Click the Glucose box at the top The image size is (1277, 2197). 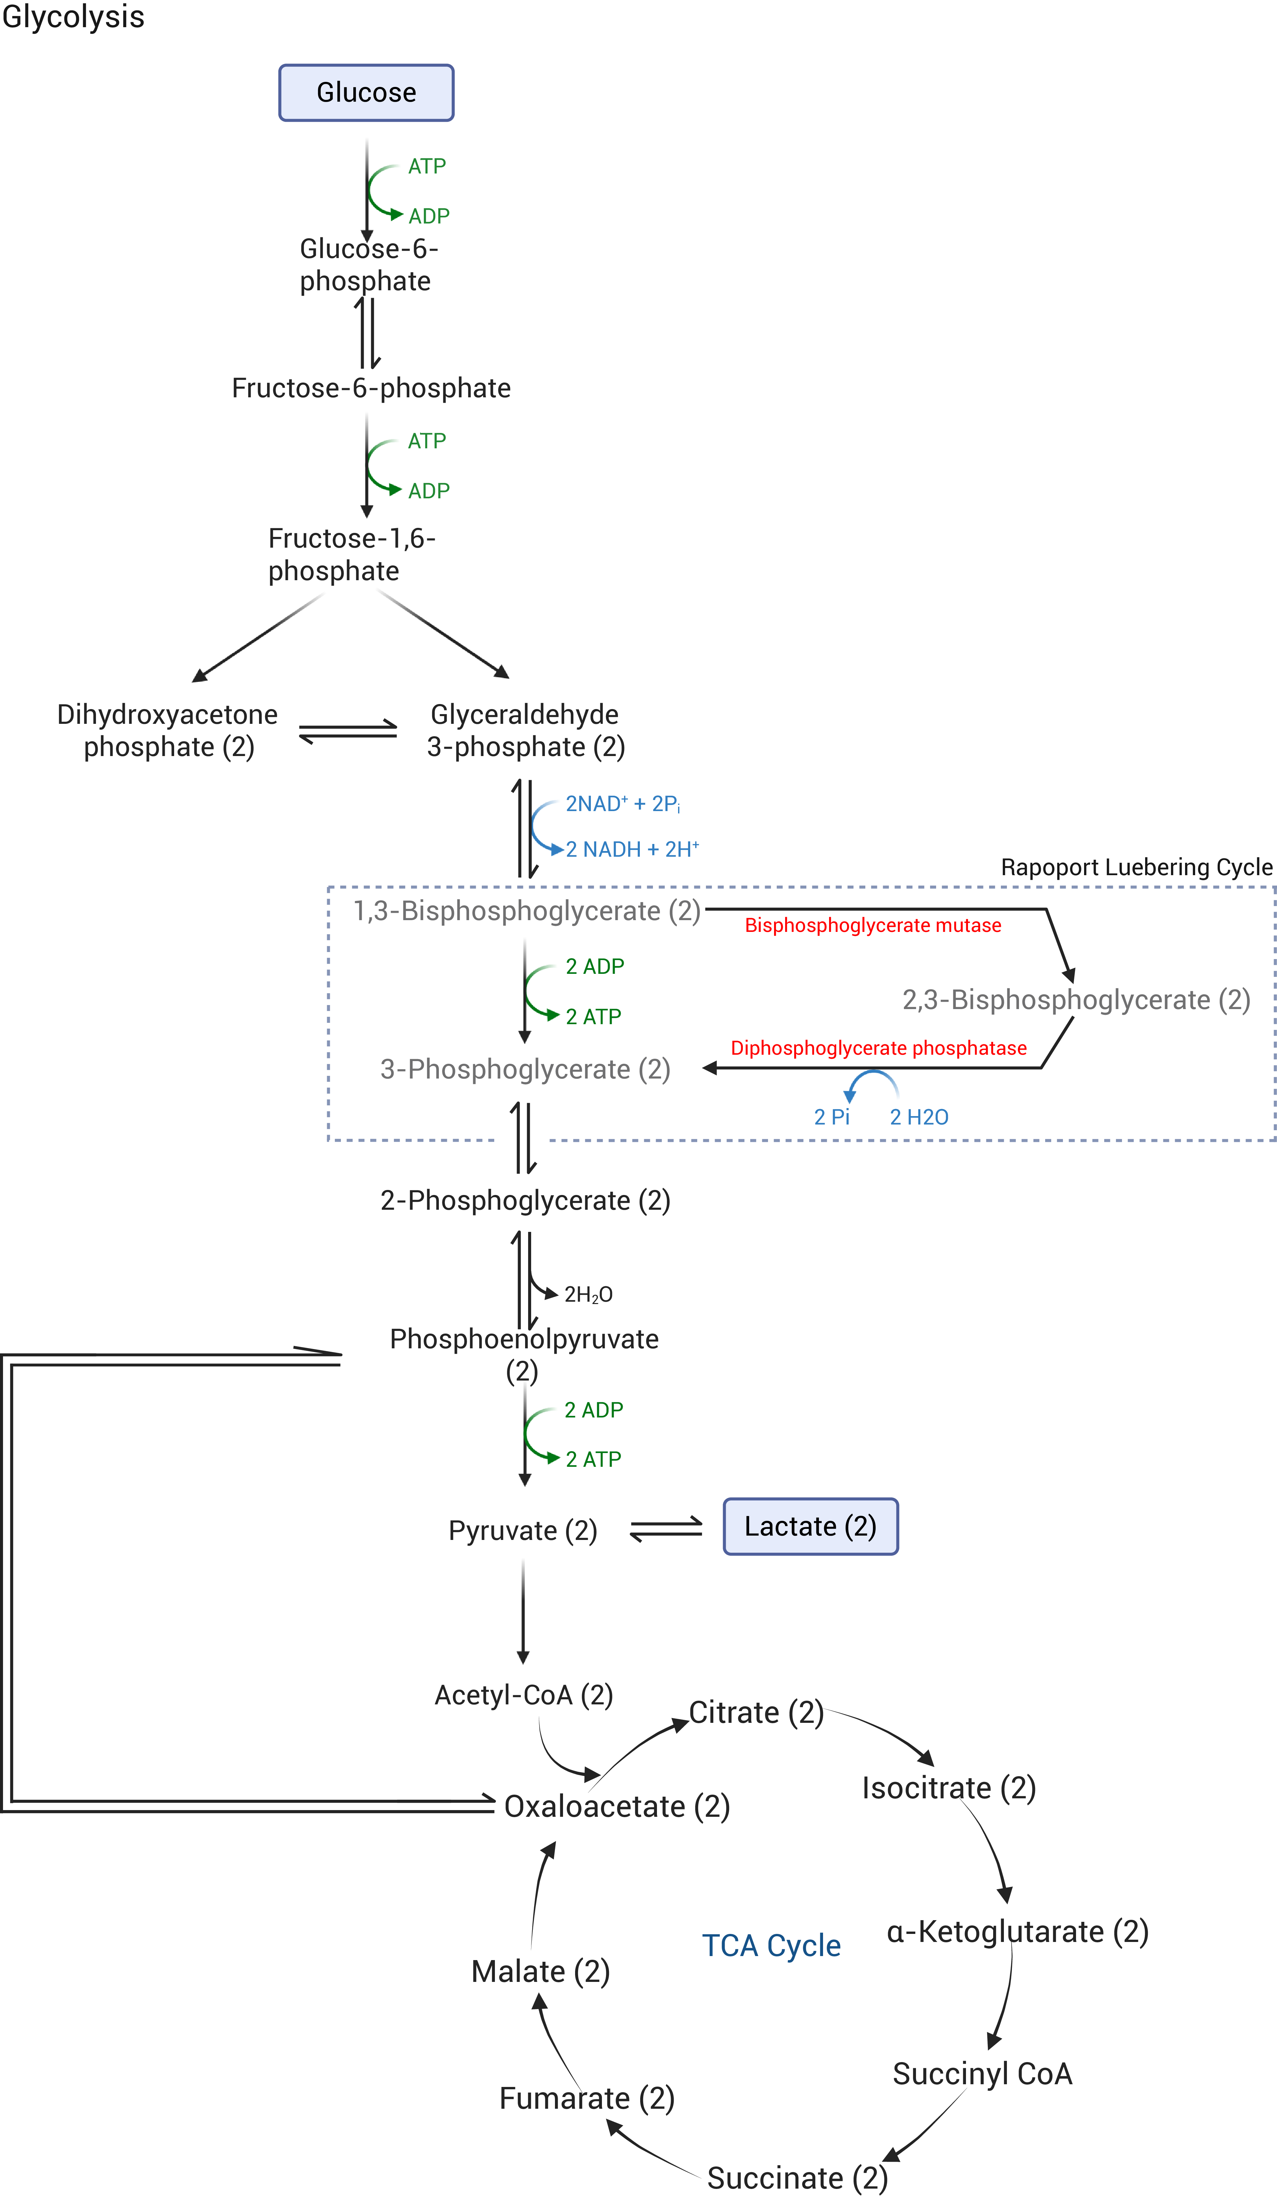tap(366, 92)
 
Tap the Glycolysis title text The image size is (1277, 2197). tap(73, 16)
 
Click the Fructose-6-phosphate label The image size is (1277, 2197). tap(371, 388)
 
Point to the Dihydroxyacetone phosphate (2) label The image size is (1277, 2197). tap(167, 731)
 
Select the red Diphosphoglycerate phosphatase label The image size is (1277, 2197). tap(879, 1048)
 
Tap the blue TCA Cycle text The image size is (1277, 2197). tap(771, 1945)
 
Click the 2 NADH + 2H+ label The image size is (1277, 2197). tap(632, 849)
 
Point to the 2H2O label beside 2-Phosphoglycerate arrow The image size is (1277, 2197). tap(589, 1295)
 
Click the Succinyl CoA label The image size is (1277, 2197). tap(981, 2073)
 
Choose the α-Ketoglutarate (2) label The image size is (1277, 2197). tap(1017, 1931)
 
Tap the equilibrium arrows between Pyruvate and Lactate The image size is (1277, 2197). tap(666, 1528)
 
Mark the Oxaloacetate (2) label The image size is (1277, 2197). tap(616, 1805)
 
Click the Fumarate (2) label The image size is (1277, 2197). tap(586, 2098)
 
